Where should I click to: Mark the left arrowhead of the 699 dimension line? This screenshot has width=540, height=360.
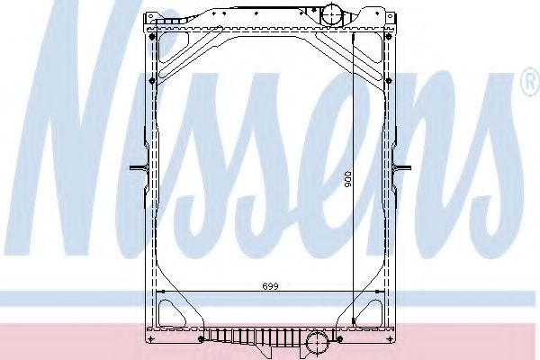click(159, 292)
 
